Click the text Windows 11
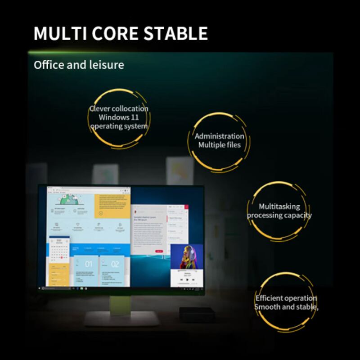click(x=119, y=117)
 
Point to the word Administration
click(x=220, y=136)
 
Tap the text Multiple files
click(x=220, y=145)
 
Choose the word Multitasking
click(x=279, y=207)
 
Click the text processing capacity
click(x=279, y=215)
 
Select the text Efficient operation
click(x=286, y=298)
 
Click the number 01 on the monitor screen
click(x=88, y=264)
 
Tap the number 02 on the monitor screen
click(x=115, y=264)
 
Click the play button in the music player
click(x=187, y=279)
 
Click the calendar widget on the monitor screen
click(x=59, y=252)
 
